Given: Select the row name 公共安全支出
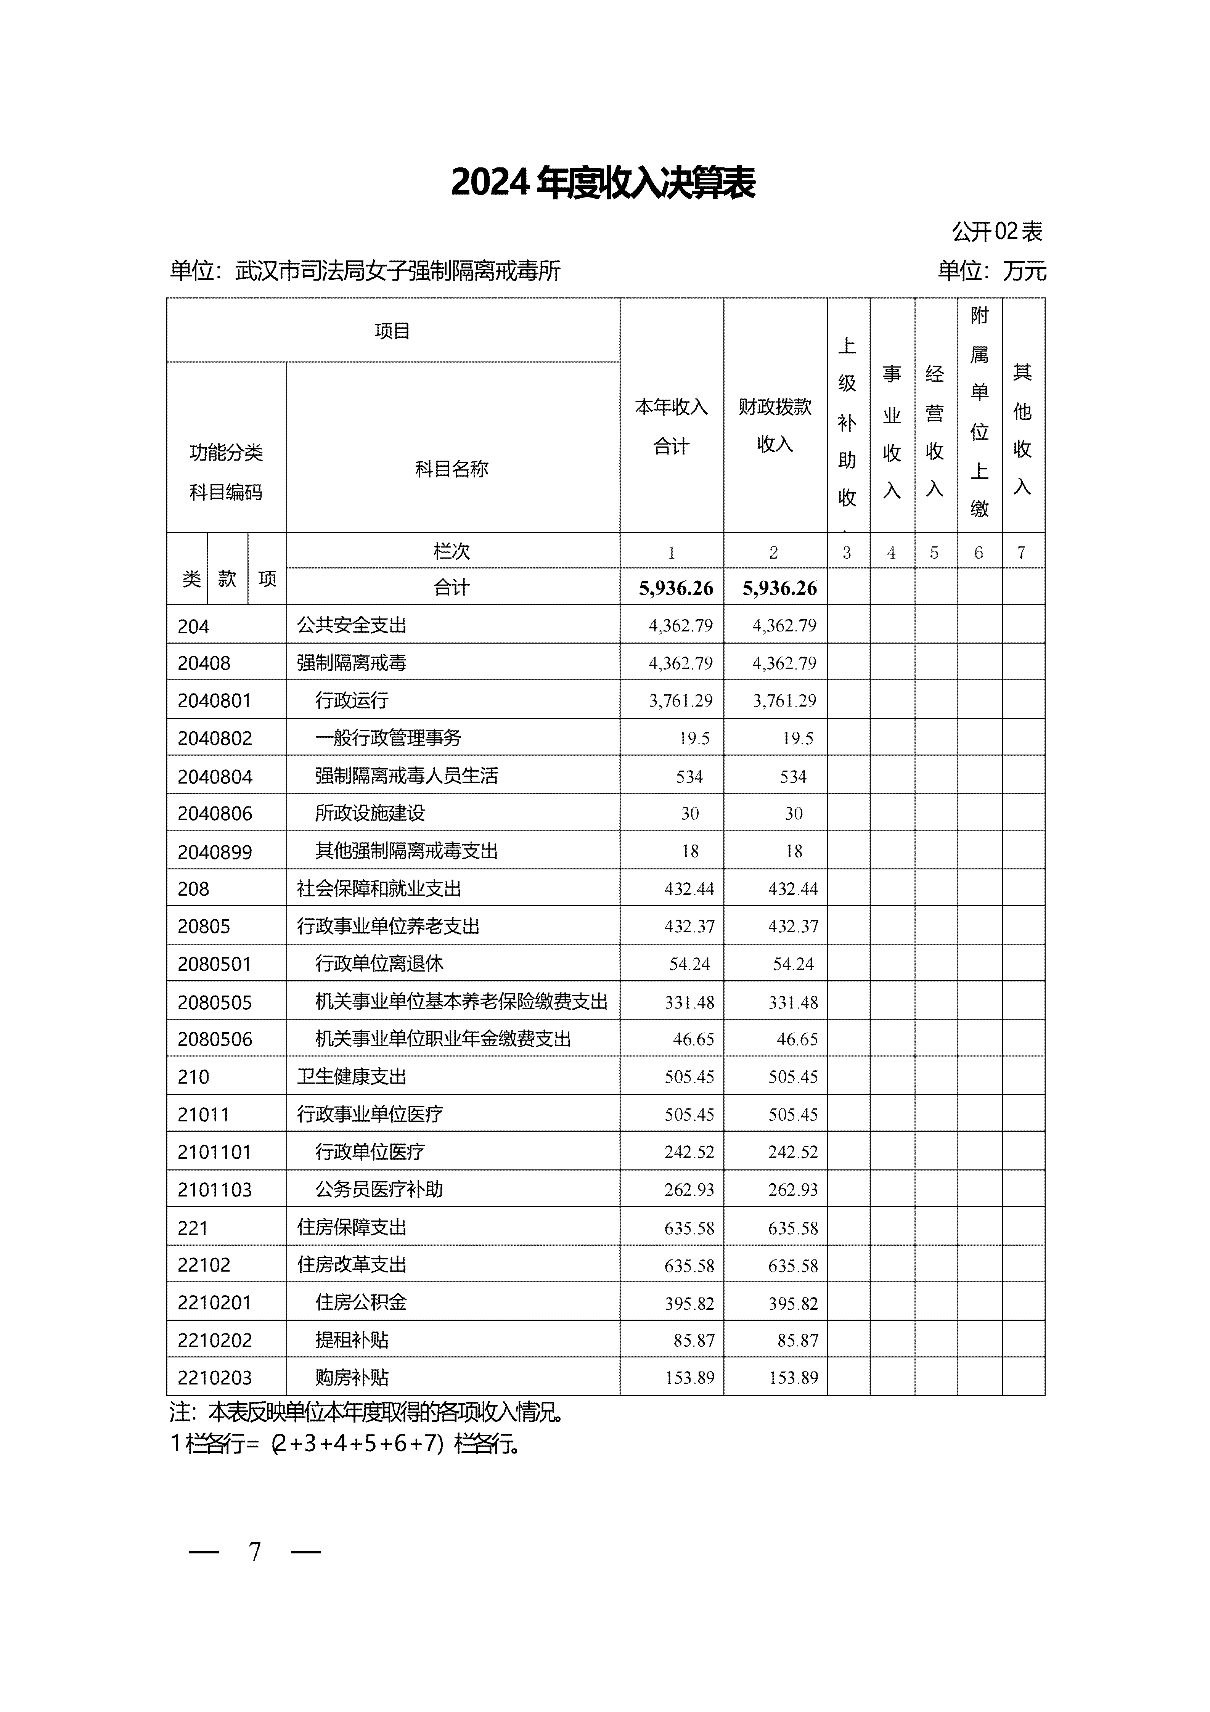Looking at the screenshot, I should point(352,626).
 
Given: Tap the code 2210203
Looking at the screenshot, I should point(215,1378).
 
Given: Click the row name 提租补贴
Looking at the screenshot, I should point(352,1340).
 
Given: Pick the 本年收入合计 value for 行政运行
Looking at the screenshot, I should point(681,701).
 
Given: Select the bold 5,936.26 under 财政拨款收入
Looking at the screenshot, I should point(780,588).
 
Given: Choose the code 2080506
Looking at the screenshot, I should point(215,1039).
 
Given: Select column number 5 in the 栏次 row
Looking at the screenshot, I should point(934,552).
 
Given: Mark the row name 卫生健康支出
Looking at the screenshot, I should point(352,1077).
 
